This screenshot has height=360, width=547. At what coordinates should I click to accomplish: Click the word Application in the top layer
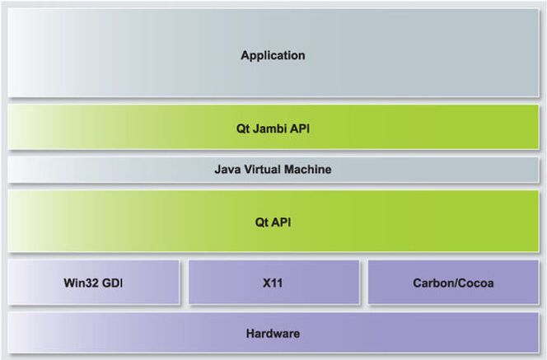tap(273, 56)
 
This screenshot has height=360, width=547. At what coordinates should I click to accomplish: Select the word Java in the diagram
tap(227, 170)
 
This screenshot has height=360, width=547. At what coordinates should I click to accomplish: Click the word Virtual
tap(262, 169)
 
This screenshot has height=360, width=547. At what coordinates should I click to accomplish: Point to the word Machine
tap(308, 169)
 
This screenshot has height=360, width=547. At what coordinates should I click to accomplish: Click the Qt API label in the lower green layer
tap(273, 222)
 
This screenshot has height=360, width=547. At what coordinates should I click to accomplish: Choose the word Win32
tap(79, 283)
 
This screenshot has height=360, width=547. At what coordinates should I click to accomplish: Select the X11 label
tap(273, 283)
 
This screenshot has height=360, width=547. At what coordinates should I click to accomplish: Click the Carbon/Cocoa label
tap(453, 283)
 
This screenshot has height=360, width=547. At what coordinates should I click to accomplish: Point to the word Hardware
tap(273, 334)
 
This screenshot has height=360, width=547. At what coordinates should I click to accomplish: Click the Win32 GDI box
tap(94, 283)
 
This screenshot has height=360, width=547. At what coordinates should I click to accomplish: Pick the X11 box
tap(273, 283)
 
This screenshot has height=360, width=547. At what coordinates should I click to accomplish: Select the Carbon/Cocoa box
tap(454, 283)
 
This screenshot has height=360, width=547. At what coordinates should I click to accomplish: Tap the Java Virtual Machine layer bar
tap(273, 170)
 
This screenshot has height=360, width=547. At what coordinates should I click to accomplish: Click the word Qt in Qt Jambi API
tap(243, 129)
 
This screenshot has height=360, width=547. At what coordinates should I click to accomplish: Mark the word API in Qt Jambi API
tap(300, 129)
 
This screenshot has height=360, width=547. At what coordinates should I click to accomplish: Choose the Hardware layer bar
tap(273, 333)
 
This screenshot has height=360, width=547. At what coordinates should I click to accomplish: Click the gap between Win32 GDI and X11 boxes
tap(185, 283)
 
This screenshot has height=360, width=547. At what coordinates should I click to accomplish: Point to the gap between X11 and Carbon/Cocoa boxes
tap(364, 283)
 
